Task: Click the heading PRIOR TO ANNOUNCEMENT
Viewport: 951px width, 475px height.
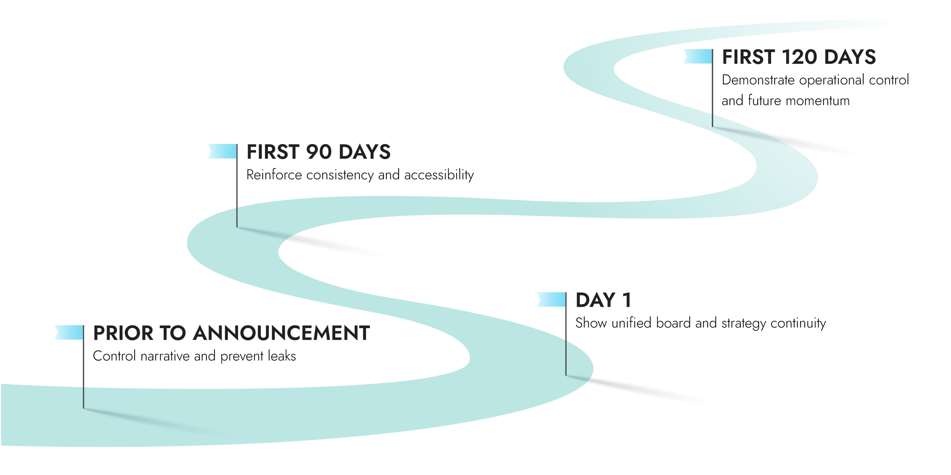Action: tap(231, 333)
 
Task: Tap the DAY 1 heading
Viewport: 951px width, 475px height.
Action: tap(603, 300)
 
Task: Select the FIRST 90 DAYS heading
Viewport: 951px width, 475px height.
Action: tap(319, 152)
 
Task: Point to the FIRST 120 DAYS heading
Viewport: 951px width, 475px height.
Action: tap(799, 57)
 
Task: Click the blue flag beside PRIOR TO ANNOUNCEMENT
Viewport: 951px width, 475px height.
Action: tap(70, 332)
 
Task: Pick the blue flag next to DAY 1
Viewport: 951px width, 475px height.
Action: tap(552, 299)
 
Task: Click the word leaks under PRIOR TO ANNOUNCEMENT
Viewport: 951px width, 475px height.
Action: tap(282, 356)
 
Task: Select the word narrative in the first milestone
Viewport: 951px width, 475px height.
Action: tap(165, 356)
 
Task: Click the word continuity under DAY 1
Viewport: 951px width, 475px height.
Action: tap(798, 323)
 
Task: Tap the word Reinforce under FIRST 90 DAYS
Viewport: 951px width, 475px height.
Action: tap(274, 175)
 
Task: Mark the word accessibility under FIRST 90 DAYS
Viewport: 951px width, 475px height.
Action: tap(439, 175)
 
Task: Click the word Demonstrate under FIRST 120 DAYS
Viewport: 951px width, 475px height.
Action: tap(758, 80)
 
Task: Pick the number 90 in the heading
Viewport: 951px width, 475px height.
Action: tap(319, 152)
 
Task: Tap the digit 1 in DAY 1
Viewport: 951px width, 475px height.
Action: tap(626, 300)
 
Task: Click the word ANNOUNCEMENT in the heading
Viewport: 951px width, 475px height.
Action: tap(281, 333)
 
